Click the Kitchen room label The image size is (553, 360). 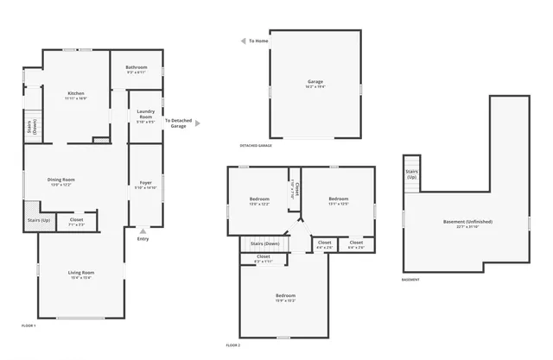click(x=75, y=93)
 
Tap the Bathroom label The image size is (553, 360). click(x=137, y=67)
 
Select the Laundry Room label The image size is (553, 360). click(x=145, y=113)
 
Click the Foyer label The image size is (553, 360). click(x=146, y=182)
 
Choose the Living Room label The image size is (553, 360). click(x=80, y=274)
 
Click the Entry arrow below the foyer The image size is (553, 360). click(x=143, y=231)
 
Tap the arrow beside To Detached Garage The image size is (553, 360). click(x=197, y=123)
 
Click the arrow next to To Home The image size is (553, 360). click(x=243, y=41)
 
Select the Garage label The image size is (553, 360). click(x=315, y=82)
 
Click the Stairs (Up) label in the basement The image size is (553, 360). click(x=412, y=174)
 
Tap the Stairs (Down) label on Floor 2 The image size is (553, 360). click(x=264, y=243)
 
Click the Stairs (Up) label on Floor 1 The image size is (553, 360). click(x=39, y=220)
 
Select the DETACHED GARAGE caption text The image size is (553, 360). click(x=256, y=146)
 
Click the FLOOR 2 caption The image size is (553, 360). click(x=232, y=344)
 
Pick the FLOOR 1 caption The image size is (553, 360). click(x=29, y=325)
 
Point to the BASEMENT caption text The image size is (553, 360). click(x=411, y=280)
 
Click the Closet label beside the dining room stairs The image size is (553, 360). click(x=76, y=220)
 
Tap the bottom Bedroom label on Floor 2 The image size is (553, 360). click(x=285, y=296)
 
